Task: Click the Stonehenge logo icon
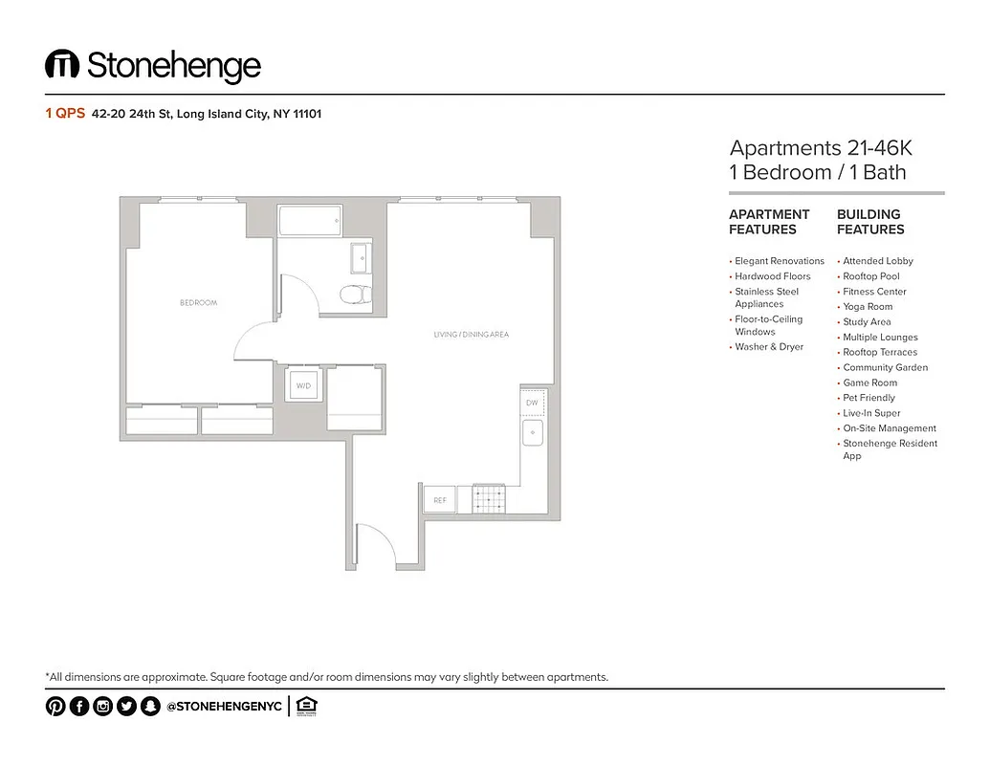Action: coord(61,65)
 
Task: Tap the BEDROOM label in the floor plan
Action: coord(198,302)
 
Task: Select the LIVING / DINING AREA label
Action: coord(471,335)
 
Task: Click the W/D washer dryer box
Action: coord(304,386)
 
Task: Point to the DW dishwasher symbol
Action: coord(533,404)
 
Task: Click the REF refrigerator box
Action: coord(439,500)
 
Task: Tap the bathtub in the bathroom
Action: coord(309,221)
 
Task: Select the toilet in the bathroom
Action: coord(358,295)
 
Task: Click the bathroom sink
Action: coord(361,258)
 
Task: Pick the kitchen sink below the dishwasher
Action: coord(533,433)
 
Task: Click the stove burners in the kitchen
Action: coord(488,498)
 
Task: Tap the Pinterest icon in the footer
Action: coord(55,707)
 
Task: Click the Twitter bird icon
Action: coord(126,707)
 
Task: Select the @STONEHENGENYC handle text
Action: coord(224,708)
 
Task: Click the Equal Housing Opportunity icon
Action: coord(306,707)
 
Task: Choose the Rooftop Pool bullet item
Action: coord(870,276)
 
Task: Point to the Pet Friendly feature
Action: coord(869,398)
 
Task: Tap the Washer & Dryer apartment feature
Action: coord(768,347)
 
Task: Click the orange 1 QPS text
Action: coord(65,114)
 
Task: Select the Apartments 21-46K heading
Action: coord(821,148)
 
